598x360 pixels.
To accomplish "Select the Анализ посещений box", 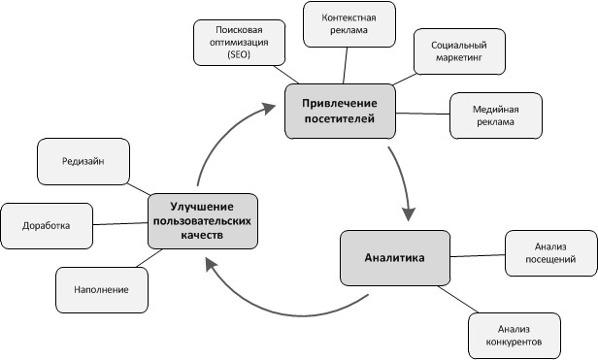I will click(x=542, y=252).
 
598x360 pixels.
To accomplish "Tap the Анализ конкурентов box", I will click(x=514, y=336).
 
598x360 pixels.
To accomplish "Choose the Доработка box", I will click(x=47, y=224).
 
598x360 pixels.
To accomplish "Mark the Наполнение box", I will click(x=101, y=288).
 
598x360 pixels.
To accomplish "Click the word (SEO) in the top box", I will click(x=239, y=57).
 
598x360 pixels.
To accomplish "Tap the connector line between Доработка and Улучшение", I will click(x=120, y=223).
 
